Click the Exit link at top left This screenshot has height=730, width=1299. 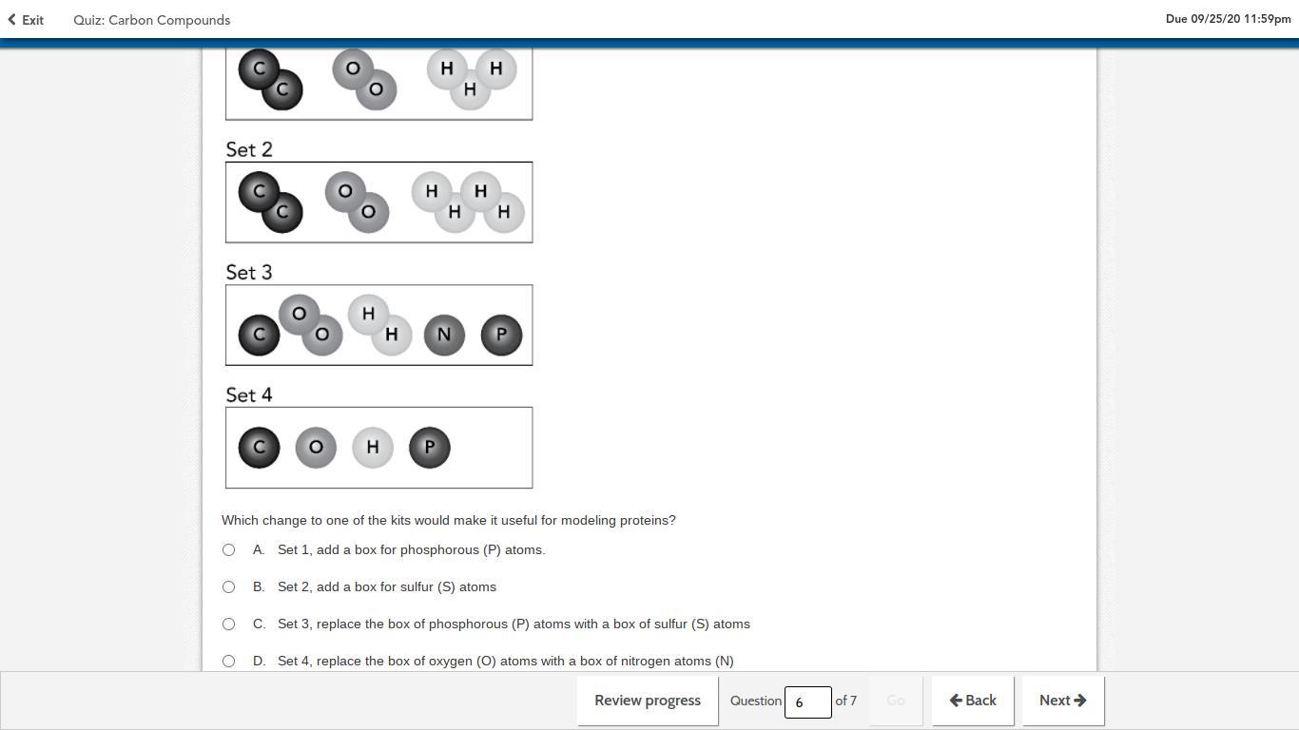pos(26,20)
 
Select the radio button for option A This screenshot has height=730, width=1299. pos(228,549)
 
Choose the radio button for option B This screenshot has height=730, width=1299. pos(228,586)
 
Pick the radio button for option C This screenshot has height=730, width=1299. pos(228,624)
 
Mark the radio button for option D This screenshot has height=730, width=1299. pos(228,661)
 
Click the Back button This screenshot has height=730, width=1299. pos(973,701)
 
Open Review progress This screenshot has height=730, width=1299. pos(648,701)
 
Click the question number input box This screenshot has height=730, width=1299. pos(807,702)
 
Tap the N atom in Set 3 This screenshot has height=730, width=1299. pos(444,335)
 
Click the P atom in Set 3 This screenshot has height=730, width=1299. pos(501,335)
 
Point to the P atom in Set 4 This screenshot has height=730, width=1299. pos(430,447)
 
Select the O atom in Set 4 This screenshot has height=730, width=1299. pos(316,447)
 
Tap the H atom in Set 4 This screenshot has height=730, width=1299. pos(373,447)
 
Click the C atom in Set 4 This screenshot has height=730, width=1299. pos(259,447)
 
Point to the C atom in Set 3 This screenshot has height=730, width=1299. pos(259,335)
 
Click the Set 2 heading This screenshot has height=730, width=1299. pos(249,149)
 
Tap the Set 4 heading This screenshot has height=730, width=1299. pos(249,394)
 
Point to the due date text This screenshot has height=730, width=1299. pos(1229,19)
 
